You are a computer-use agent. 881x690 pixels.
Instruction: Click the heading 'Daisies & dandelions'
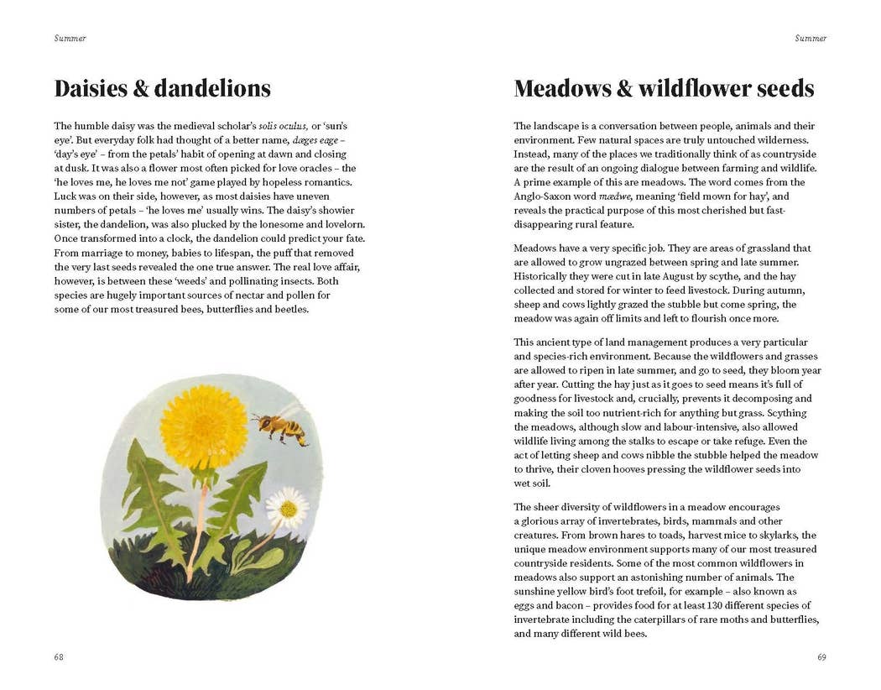[x=162, y=89]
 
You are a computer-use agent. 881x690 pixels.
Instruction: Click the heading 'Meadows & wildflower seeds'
[x=664, y=89]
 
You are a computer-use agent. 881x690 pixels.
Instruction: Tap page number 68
[x=59, y=657]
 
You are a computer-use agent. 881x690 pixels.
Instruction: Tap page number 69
[x=821, y=657]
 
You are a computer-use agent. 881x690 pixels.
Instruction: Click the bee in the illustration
[x=280, y=427]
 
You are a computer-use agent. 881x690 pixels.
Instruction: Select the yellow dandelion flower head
[x=204, y=426]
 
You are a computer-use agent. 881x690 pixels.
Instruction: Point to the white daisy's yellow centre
[x=288, y=508]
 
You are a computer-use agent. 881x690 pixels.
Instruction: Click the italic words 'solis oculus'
[x=284, y=126]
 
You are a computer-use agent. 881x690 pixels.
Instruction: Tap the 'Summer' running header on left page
[x=70, y=39]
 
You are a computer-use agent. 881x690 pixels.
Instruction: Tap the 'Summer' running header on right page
[x=811, y=39]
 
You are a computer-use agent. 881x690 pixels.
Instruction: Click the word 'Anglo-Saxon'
[x=543, y=196]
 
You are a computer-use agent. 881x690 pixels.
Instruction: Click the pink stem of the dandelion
[x=196, y=537]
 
